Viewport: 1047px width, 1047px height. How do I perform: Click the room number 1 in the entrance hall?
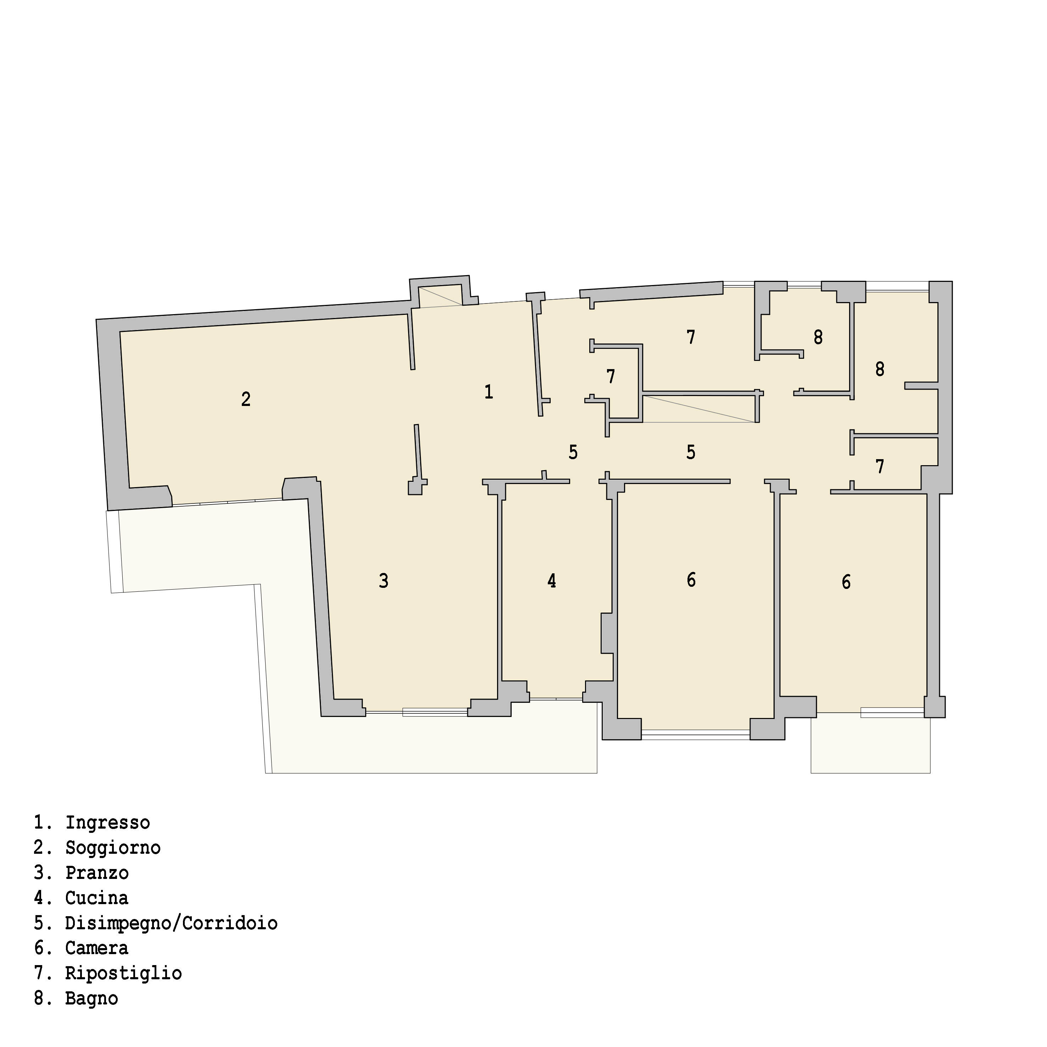pyautogui.click(x=488, y=392)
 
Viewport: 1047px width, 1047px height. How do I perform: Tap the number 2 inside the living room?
pyautogui.click(x=245, y=399)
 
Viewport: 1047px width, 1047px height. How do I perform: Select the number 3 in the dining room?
pyautogui.click(x=384, y=581)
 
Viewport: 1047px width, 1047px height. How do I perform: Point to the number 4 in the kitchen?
pyautogui.click(x=552, y=581)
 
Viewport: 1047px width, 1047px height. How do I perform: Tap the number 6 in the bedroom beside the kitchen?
pyautogui.click(x=691, y=580)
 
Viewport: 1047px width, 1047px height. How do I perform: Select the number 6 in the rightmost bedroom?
pyautogui.click(x=846, y=582)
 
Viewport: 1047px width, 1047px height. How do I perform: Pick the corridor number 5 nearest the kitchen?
pyautogui.click(x=573, y=452)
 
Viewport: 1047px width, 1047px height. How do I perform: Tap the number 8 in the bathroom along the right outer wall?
pyautogui.click(x=880, y=369)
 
